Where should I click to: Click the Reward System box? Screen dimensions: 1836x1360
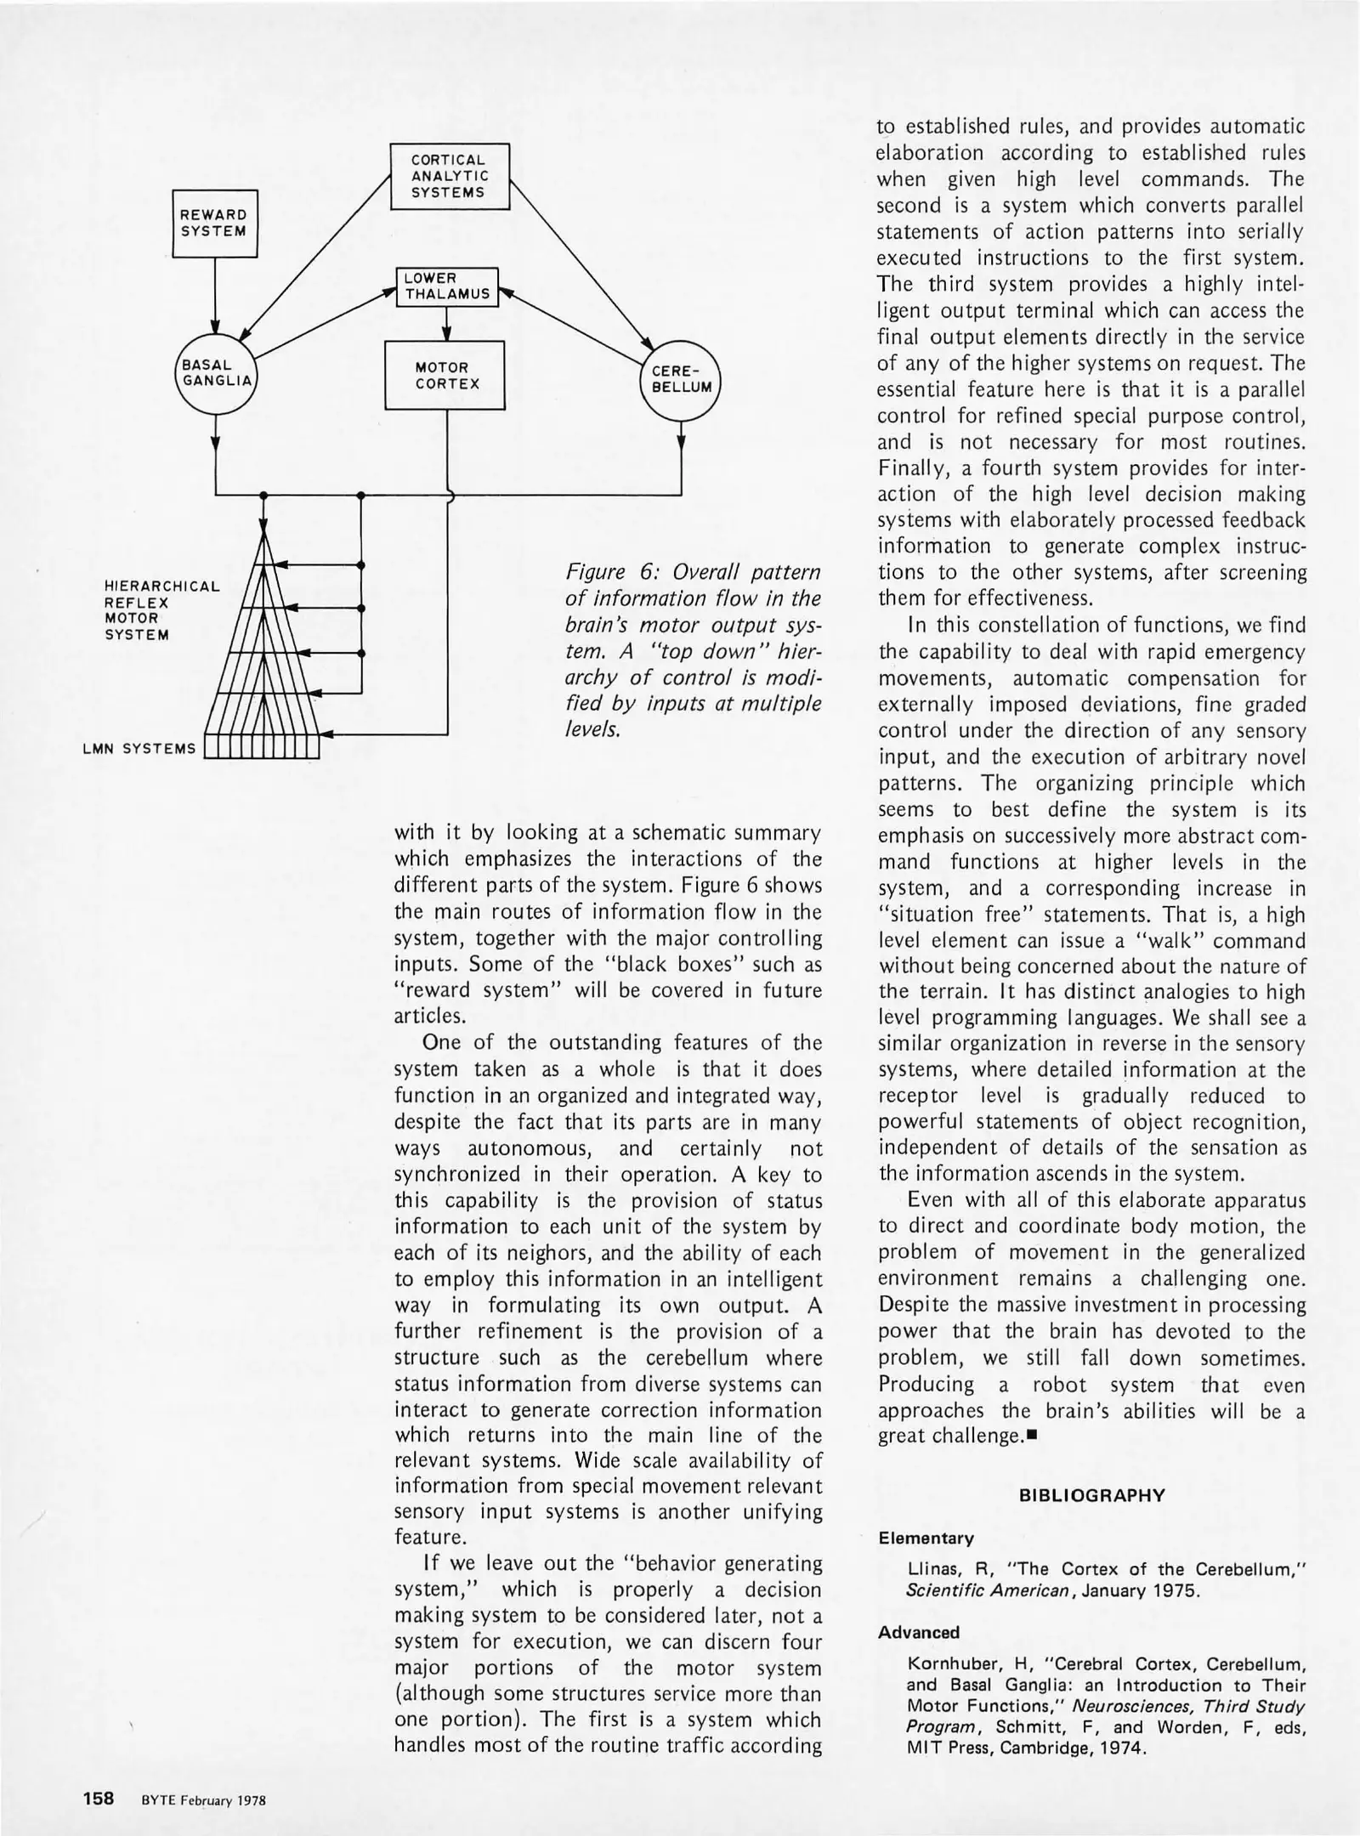tap(214, 224)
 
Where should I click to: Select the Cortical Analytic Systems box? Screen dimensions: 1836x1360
tap(449, 176)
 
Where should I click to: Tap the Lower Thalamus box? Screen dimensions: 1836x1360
tap(447, 286)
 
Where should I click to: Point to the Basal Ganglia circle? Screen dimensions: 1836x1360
tap(218, 373)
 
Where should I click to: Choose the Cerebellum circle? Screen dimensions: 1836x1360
tap(680, 380)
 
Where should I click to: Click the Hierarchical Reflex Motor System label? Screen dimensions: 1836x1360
tap(161, 610)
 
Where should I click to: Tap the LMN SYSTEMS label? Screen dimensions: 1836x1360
tap(139, 749)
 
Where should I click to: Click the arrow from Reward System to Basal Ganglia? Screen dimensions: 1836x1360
tap(215, 293)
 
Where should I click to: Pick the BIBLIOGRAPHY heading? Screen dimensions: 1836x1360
tap(1091, 1496)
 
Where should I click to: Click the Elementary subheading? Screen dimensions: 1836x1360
tap(926, 1538)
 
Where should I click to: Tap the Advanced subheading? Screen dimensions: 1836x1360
tap(919, 1632)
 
